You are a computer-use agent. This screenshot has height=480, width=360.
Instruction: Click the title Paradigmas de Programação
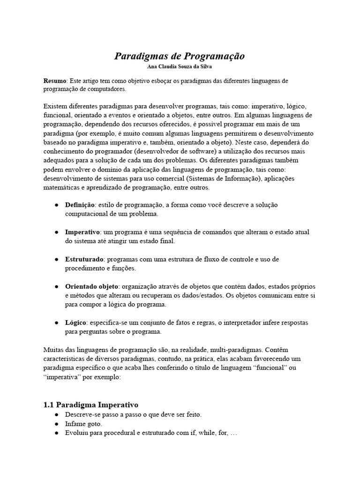180,56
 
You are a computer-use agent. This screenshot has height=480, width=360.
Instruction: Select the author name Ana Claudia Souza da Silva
180,67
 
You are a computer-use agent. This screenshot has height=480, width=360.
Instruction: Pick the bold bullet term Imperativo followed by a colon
82,232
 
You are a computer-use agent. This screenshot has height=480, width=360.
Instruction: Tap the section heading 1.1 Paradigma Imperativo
91,405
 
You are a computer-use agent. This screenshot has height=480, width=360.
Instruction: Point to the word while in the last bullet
202,433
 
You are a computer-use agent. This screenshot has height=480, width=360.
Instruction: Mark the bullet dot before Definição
56,206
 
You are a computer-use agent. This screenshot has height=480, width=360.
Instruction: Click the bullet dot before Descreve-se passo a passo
56,415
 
